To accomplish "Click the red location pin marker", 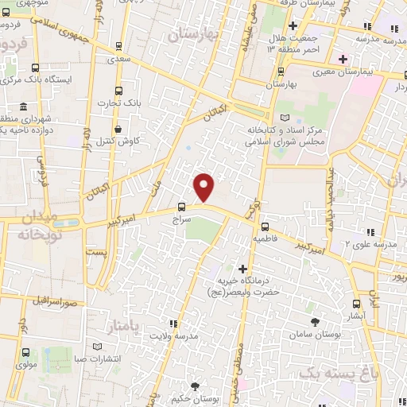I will [205, 186].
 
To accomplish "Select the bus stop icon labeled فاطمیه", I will [265, 226].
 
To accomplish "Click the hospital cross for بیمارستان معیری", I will [343, 59].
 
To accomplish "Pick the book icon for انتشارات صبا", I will [97, 348].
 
